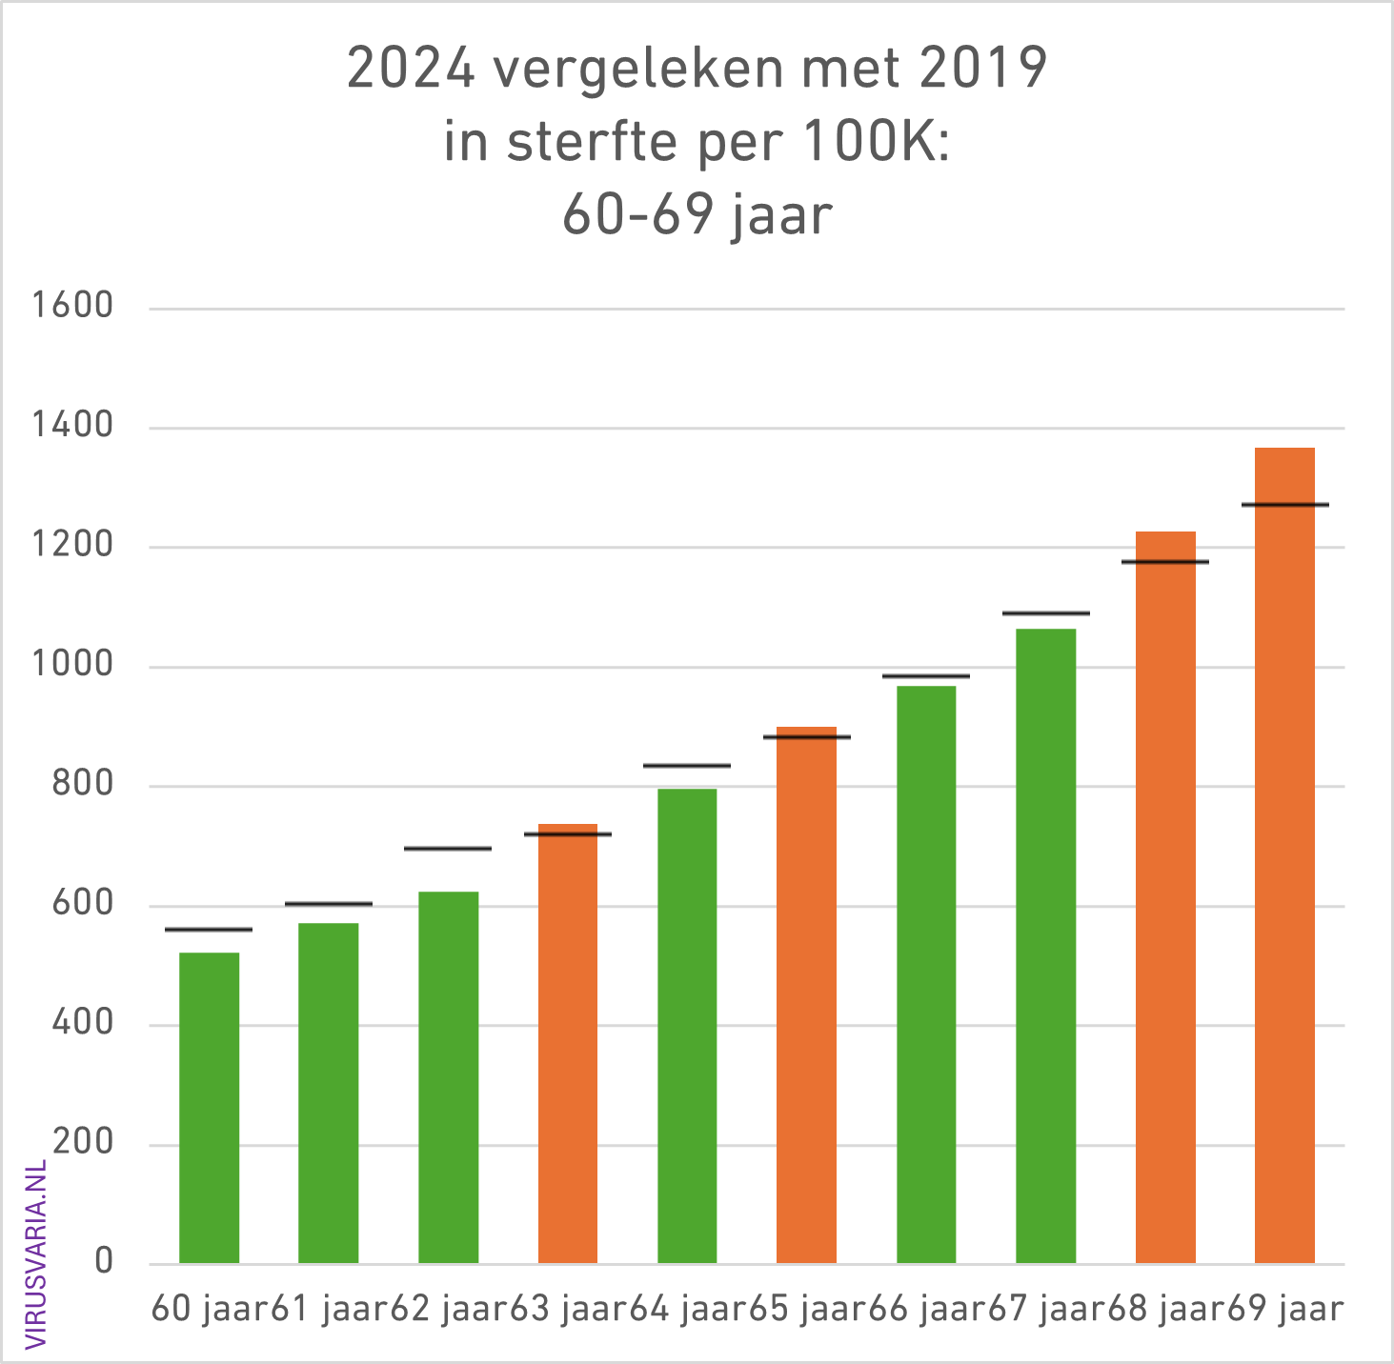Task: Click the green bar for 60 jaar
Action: click(209, 1107)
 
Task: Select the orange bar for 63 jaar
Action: click(568, 1043)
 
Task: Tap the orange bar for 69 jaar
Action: click(1284, 855)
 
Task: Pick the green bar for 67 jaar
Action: click(1045, 946)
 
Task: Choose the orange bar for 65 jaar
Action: click(806, 995)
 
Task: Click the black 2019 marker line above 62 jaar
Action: click(448, 848)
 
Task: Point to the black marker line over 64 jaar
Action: click(687, 765)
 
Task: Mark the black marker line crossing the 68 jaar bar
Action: click(1164, 561)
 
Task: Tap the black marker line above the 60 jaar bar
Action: click(209, 929)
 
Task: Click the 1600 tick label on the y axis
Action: click(72, 306)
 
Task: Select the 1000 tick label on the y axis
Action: click(72, 665)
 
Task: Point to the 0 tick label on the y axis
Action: click(104, 1262)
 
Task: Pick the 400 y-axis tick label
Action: click(83, 1023)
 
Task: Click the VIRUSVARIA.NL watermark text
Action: click(36, 1254)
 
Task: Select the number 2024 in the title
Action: click(411, 69)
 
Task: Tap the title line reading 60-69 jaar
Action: click(697, 214)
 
